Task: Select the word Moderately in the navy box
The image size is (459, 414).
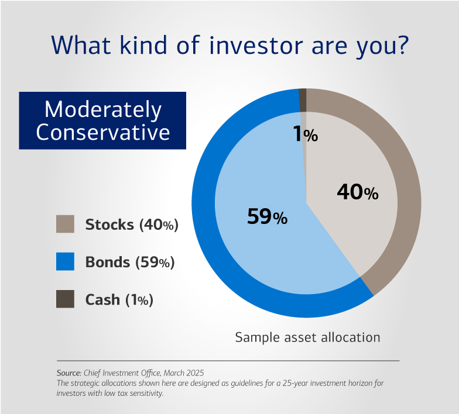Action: point(103,109)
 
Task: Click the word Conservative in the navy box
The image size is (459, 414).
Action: point(103,132)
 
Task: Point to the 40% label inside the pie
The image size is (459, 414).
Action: point(358,192)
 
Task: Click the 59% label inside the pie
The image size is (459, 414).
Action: point(266,217)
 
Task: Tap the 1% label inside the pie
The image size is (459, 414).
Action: point(305,135)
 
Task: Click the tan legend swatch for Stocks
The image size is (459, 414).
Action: point(65,224)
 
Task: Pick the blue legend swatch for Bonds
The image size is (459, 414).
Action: point(65,261)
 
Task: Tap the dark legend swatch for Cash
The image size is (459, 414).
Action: point(65,299)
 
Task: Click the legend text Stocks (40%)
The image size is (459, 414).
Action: point(132,225)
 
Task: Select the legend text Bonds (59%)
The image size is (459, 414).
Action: point(130,262)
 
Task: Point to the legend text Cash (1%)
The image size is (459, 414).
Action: point(119,299)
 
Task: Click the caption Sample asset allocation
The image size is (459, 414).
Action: point(307,337)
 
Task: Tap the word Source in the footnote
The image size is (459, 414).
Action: point(67,372)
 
